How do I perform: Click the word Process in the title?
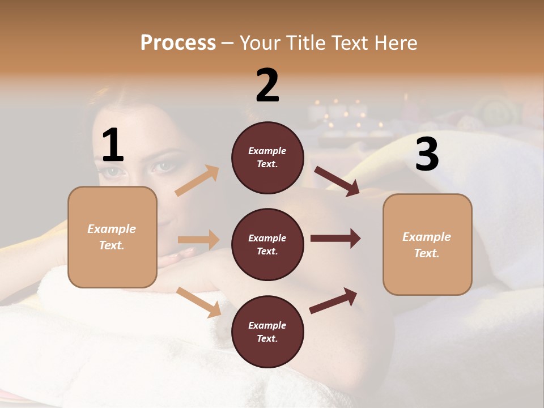(178, 42)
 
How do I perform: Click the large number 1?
(113, 146)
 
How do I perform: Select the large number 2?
(267, 86)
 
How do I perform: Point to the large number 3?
(427, 155)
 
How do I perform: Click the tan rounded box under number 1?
(112, 237)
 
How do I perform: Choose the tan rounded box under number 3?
(427, 244)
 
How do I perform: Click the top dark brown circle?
(267, 158)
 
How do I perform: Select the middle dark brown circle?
(267, 244)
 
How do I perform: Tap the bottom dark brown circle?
(267, 331)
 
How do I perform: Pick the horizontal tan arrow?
(198, 240)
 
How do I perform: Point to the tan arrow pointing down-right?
(199, 302)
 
